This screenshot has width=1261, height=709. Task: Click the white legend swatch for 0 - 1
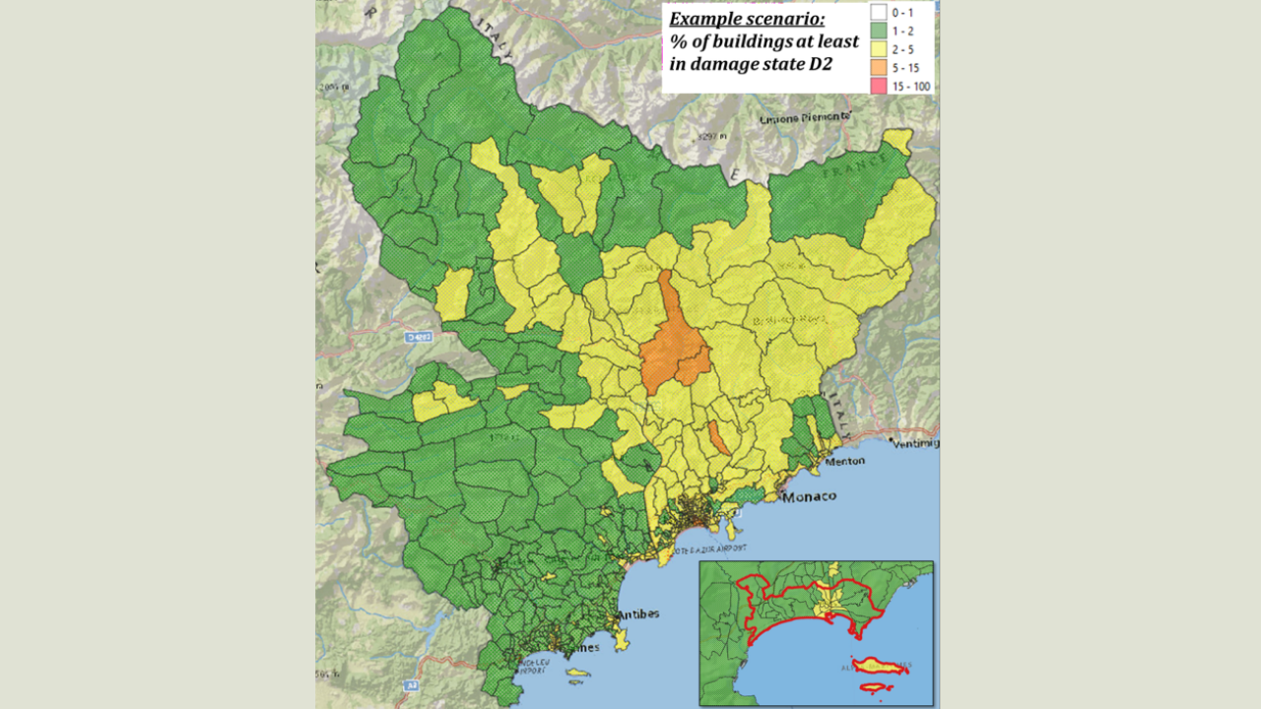(x=880, y=13)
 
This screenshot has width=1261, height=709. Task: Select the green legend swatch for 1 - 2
(x=880, y=32)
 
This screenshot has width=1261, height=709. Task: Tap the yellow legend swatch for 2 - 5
(x=880, y=49)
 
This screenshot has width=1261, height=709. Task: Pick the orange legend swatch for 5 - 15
(x=880, y=68)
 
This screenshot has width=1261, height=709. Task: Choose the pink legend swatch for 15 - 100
(x=880, y=86)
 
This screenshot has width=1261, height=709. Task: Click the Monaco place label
(x=809, y=497)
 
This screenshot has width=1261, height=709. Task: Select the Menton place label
(x=844, y=461)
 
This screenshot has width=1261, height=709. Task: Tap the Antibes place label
(x=637, y=614)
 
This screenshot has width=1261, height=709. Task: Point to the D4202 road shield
(x=419, y=337)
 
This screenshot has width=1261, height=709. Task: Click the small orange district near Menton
(x=720, y=438)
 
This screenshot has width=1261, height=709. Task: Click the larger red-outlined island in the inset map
(x=879, y=667)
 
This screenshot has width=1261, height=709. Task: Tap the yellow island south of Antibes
(x=577, y=675)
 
